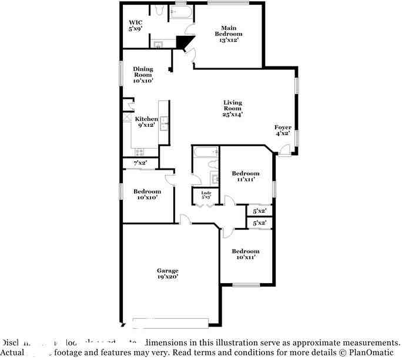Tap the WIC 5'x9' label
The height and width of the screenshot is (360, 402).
pos(136,25)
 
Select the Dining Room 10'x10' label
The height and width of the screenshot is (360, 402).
pos(143,75)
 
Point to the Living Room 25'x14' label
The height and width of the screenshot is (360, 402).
pos(232,109)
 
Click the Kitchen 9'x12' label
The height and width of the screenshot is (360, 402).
pos(146,122)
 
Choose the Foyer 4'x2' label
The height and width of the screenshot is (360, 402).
pos(283,130)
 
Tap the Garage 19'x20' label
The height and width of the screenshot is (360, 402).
pos(168,274)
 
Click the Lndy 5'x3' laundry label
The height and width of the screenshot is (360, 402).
pos(206,196)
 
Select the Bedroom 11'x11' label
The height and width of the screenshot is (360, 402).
pos(245,176)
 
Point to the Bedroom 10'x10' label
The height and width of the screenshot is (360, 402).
pos(146,194)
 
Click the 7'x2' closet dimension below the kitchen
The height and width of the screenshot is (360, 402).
pos(140,163)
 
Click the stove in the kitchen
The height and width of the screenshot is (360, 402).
pos(139,151)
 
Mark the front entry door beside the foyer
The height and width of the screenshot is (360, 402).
pos(284,153)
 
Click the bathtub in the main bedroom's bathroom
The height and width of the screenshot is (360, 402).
pos(180,12)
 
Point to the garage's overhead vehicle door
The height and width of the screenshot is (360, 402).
pos(170,322)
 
